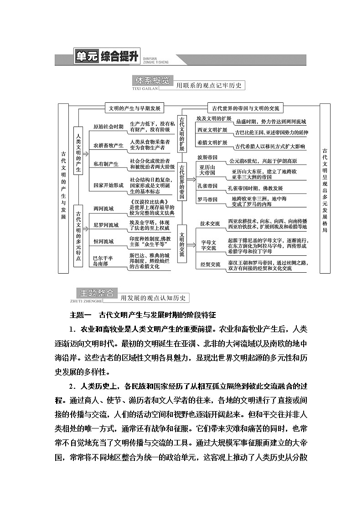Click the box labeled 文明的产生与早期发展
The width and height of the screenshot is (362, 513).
tap(134, 108)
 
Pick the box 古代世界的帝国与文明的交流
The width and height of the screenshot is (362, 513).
tap(245, 108)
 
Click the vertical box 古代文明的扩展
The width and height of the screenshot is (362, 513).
tap(182, 133)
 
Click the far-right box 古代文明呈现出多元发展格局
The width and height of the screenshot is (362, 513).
tap(325, 188)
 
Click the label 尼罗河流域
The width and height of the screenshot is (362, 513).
tap(106, 225)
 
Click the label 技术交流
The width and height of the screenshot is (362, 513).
tap(210, 223)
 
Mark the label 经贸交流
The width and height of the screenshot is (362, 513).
tap(210, 264)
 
